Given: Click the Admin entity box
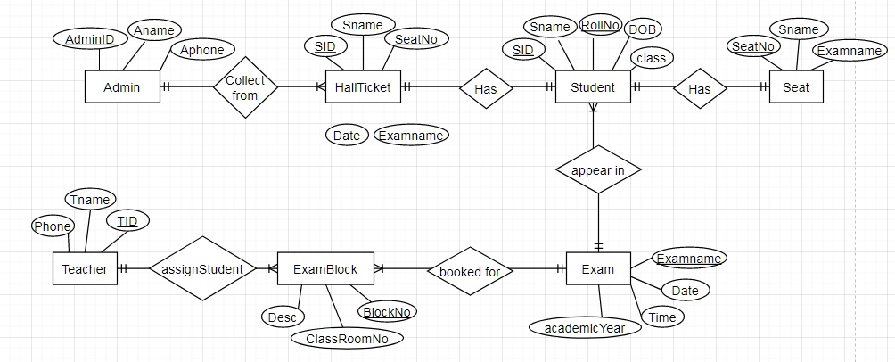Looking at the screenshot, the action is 122,86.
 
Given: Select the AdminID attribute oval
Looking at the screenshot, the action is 89,39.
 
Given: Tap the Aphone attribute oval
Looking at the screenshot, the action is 202,50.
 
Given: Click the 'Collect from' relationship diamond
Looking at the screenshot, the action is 245,87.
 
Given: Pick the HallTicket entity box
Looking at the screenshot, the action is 363,86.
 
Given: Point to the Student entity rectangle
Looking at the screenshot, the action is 593,86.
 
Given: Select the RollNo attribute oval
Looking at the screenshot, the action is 601,25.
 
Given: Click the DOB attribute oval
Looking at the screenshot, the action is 642,29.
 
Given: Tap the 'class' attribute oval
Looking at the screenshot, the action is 652,58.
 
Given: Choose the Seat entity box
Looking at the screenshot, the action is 796,86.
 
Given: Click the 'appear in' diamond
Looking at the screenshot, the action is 598,169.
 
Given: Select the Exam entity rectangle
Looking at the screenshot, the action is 598,268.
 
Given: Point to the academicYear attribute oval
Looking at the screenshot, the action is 585,328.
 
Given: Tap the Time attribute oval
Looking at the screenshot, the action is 662,317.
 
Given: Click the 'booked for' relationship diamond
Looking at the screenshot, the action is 470,271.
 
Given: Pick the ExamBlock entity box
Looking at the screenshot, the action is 325,268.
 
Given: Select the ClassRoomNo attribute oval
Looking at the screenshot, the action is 347,338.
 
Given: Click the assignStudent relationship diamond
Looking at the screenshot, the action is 202,268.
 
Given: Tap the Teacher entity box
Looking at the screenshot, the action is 85,268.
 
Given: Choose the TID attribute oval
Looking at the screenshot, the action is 127,221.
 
